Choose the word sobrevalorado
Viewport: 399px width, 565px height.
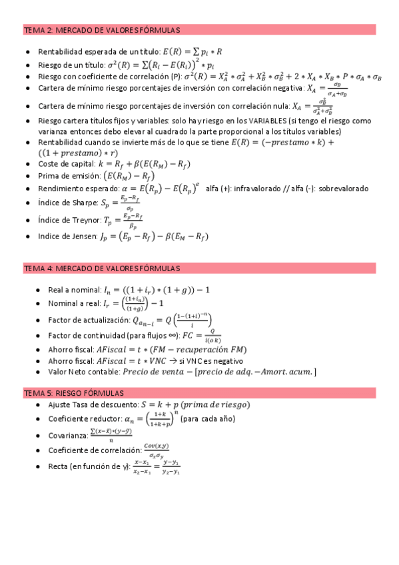[343, 189]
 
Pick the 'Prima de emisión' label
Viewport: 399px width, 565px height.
[69, 175]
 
